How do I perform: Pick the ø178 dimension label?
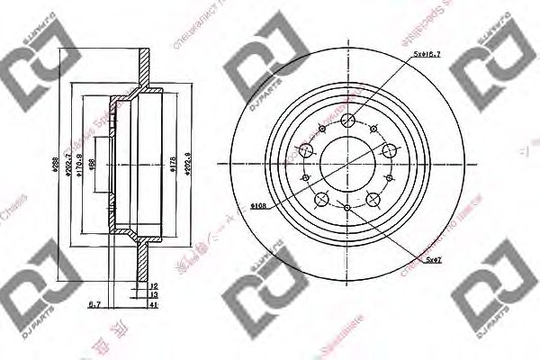173,166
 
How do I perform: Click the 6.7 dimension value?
94,305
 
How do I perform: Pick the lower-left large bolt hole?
322,197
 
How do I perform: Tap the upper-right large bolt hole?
389,152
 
